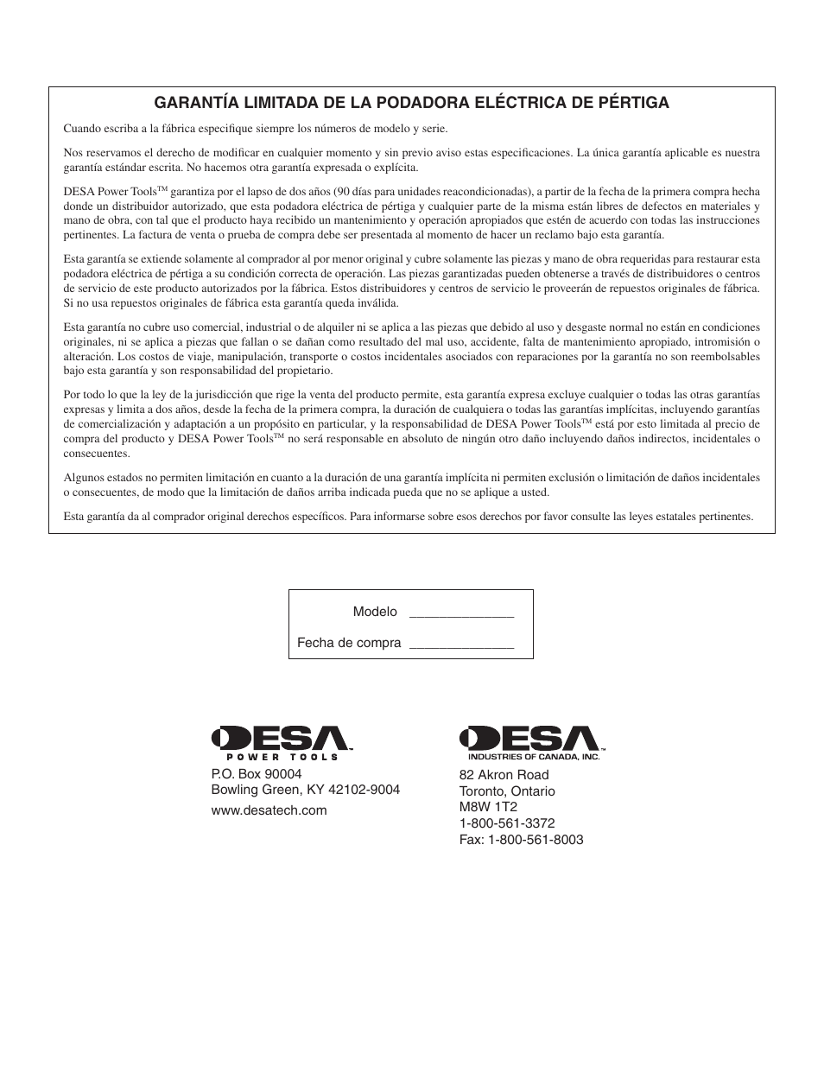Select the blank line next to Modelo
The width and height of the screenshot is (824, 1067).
[x=461, y=613]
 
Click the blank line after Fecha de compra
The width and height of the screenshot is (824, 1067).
[x=461, y=644]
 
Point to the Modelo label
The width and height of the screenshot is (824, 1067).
[x=375, y=612]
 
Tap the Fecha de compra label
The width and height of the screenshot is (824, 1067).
[x=349, y=643]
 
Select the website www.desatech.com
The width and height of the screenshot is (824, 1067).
[x=269, y=810]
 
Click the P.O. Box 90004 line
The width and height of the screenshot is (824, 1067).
[x=257, y=774]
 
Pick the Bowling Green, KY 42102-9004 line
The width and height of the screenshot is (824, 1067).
[x=306, y=790]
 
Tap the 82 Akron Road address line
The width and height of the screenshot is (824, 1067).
[x=504, y=775]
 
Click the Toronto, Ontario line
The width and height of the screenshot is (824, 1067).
[x=507, y=791]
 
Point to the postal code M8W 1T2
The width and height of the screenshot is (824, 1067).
[x=488, y=807]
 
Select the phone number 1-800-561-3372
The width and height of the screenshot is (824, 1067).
[x=507, y=823]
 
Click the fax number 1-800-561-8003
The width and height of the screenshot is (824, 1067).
[x=521, y=840]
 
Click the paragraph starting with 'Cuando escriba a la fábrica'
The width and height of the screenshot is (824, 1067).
[x=256, y=129]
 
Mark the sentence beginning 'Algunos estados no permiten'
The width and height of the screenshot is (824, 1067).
[x=411, y=485]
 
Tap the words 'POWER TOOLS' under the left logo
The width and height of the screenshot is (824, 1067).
[x=282, y=757]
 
